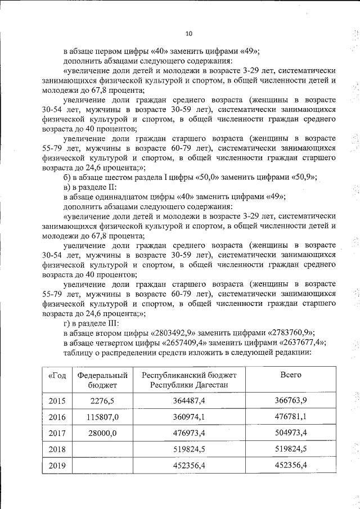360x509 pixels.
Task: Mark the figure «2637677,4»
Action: [x=301, y=342]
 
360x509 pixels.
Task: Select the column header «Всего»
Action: [x=291, y=375]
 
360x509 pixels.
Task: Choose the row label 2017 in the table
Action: [x=57, y=434]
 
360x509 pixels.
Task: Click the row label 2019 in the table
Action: [x=57, y=466]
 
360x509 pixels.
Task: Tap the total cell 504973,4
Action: [x=291, y=434]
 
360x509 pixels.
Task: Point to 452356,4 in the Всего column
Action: [x=291, y=466]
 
